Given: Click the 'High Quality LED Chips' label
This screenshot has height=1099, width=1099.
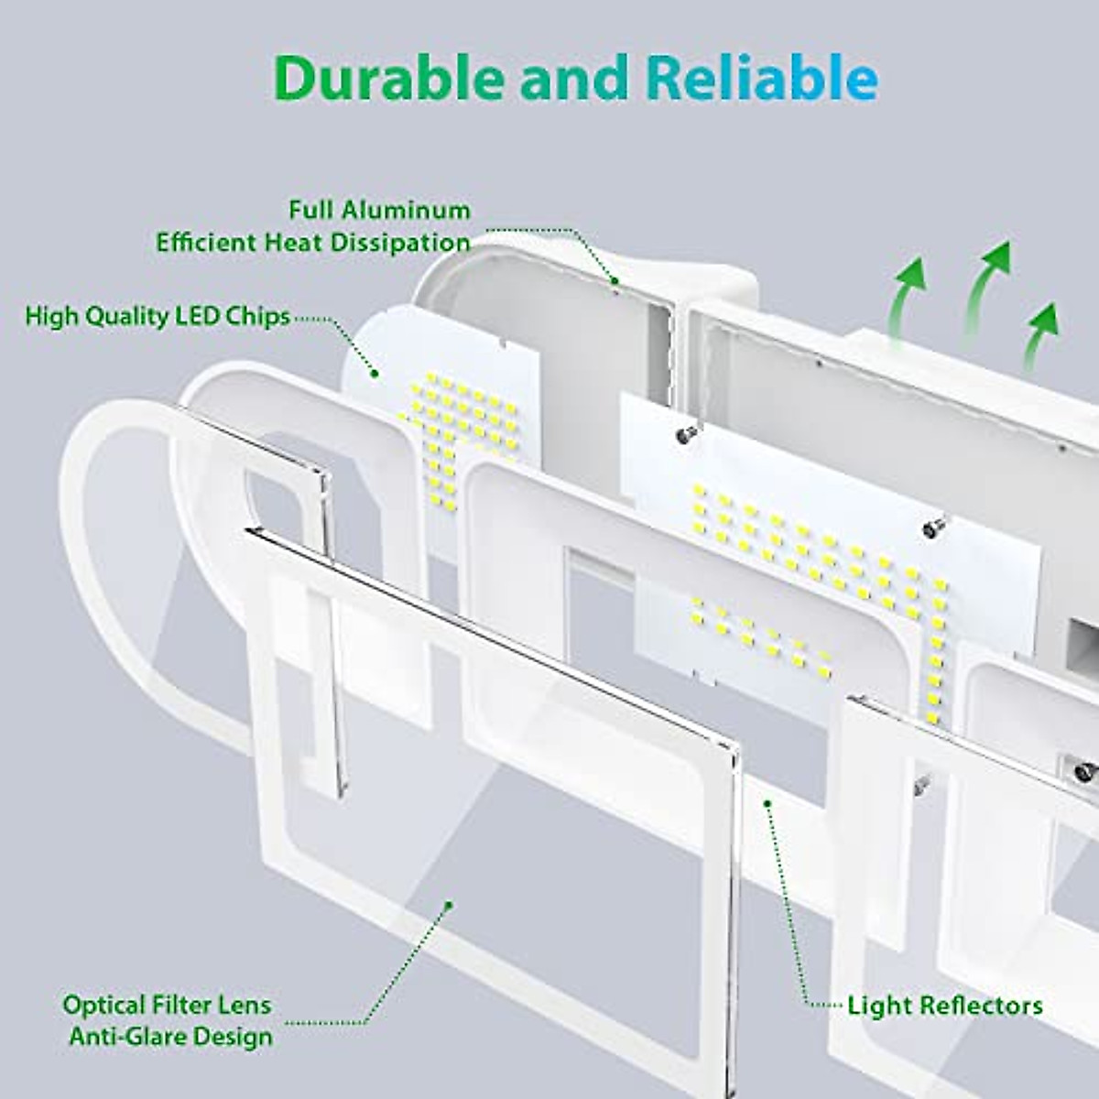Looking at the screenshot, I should [158, 317].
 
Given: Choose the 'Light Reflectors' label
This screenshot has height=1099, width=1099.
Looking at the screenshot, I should [944, 1006].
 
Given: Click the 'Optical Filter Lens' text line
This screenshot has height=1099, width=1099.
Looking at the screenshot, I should [167, 1005].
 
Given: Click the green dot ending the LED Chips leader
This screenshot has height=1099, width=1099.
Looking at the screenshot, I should [374, 373].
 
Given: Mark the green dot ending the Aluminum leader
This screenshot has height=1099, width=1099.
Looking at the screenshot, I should [615, 280].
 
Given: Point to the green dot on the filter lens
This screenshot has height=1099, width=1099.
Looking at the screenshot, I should [449, 905].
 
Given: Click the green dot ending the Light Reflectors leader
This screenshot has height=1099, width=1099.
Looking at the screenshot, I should [768, 802].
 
